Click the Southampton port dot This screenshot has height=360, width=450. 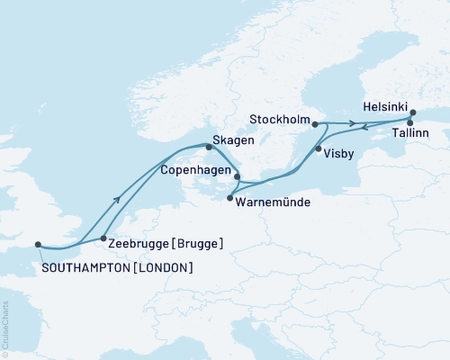(38, 243)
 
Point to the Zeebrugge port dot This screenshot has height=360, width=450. (103, 238)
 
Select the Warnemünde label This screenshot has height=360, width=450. (273, 202)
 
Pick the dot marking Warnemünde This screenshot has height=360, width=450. (230, 198)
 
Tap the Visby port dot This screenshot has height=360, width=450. (318, 149)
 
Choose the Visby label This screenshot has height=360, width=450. (341, 153)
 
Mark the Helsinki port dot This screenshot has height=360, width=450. (413, 113)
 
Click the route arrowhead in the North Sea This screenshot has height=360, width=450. (118, 200)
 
